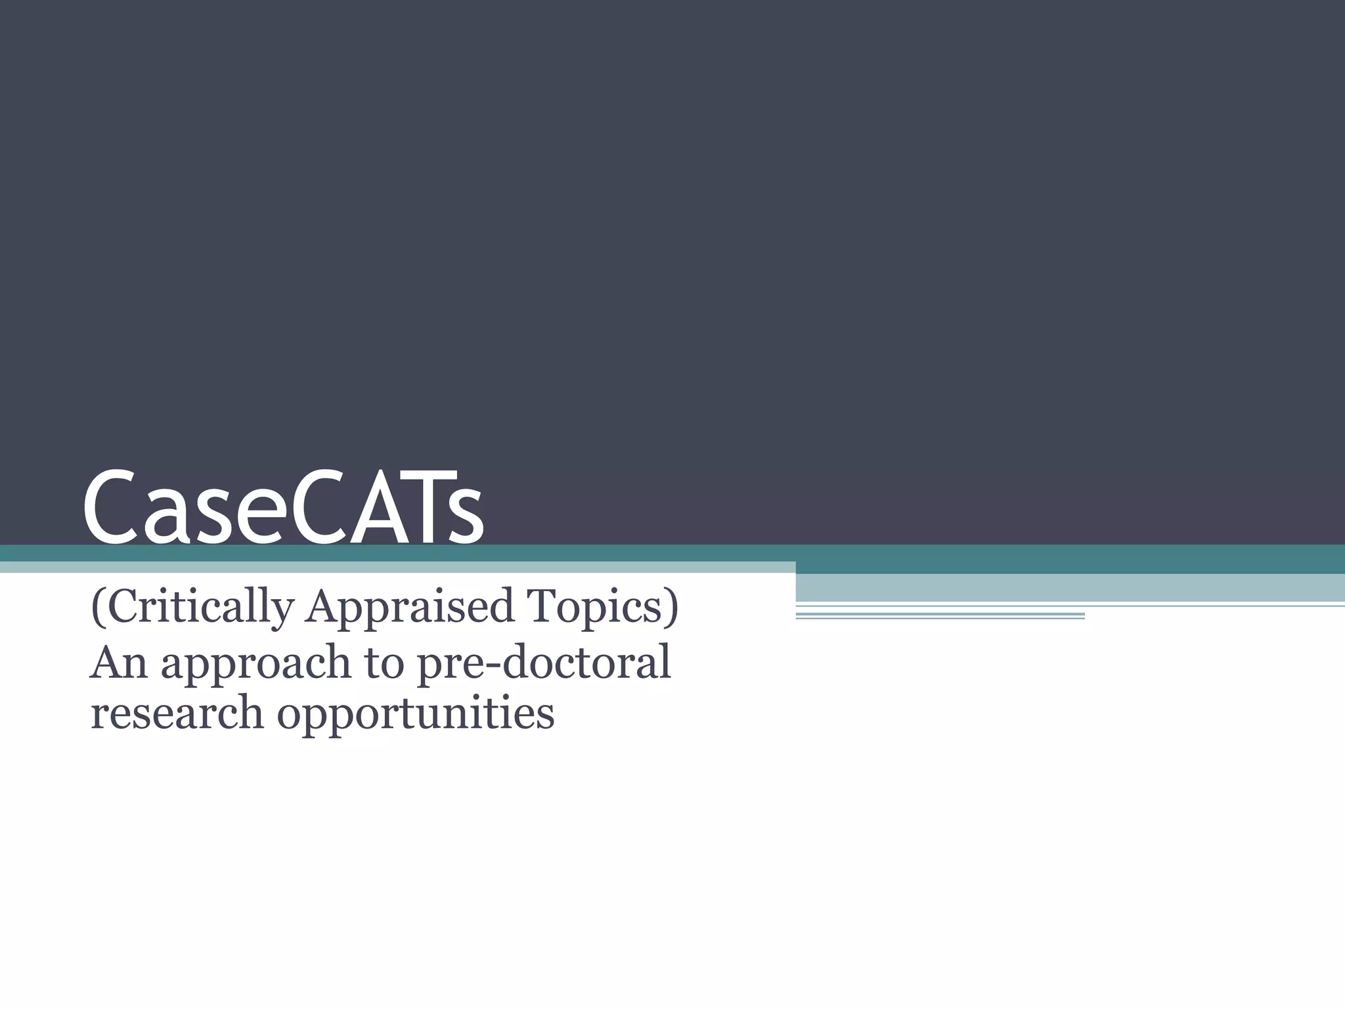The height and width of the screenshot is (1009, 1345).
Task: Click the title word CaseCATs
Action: pyautogui.click(x=283, y=508)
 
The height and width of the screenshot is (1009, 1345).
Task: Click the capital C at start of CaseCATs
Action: pyautogui.click(x=112, y=508)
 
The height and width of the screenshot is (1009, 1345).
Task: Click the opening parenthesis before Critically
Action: pyautogui.click(x=97, y=608)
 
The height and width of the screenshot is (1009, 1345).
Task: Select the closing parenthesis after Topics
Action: pyautogui.click(x=671, y=608)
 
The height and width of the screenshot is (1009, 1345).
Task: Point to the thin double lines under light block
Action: pyautogui.click(x=940, y=616)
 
